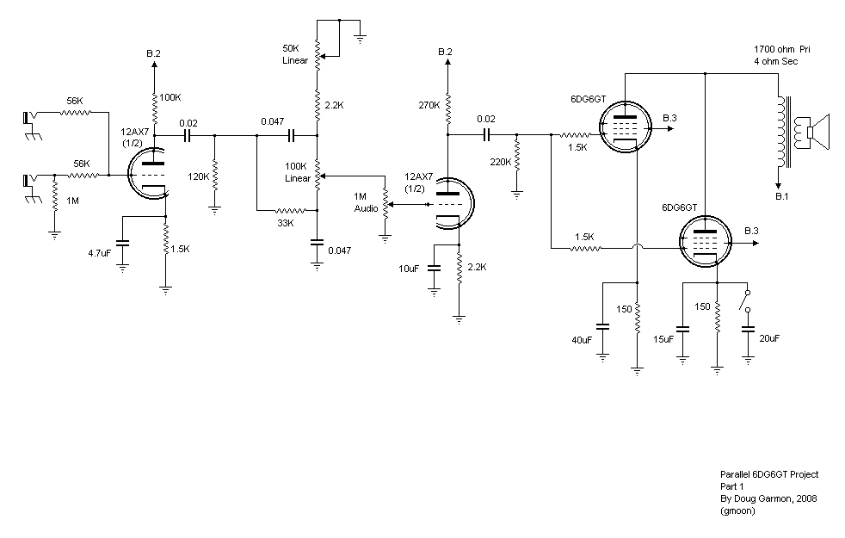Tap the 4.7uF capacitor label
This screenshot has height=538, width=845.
point(99,253)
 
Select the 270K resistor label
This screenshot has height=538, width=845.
point(429,105)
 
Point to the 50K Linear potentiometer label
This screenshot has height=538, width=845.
point(295,54)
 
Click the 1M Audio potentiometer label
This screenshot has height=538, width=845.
point(366,202)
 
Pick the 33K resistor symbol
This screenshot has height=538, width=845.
point(291,210)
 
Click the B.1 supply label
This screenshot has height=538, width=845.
point(782,196)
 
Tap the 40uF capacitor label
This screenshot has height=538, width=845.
point(582,340)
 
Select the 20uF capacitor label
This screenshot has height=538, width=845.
point(769,338)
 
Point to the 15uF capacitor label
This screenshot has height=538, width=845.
point(663,339)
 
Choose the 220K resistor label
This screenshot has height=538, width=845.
point(501,162)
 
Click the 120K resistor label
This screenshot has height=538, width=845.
point(198,176)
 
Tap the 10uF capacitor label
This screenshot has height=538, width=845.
point(409,269)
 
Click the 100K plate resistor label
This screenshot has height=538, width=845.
point(170,97)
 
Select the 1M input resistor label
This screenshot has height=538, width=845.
point(73,201)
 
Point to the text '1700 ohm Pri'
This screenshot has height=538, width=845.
point(782,49)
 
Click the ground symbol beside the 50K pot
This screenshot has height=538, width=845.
point(360,38)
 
